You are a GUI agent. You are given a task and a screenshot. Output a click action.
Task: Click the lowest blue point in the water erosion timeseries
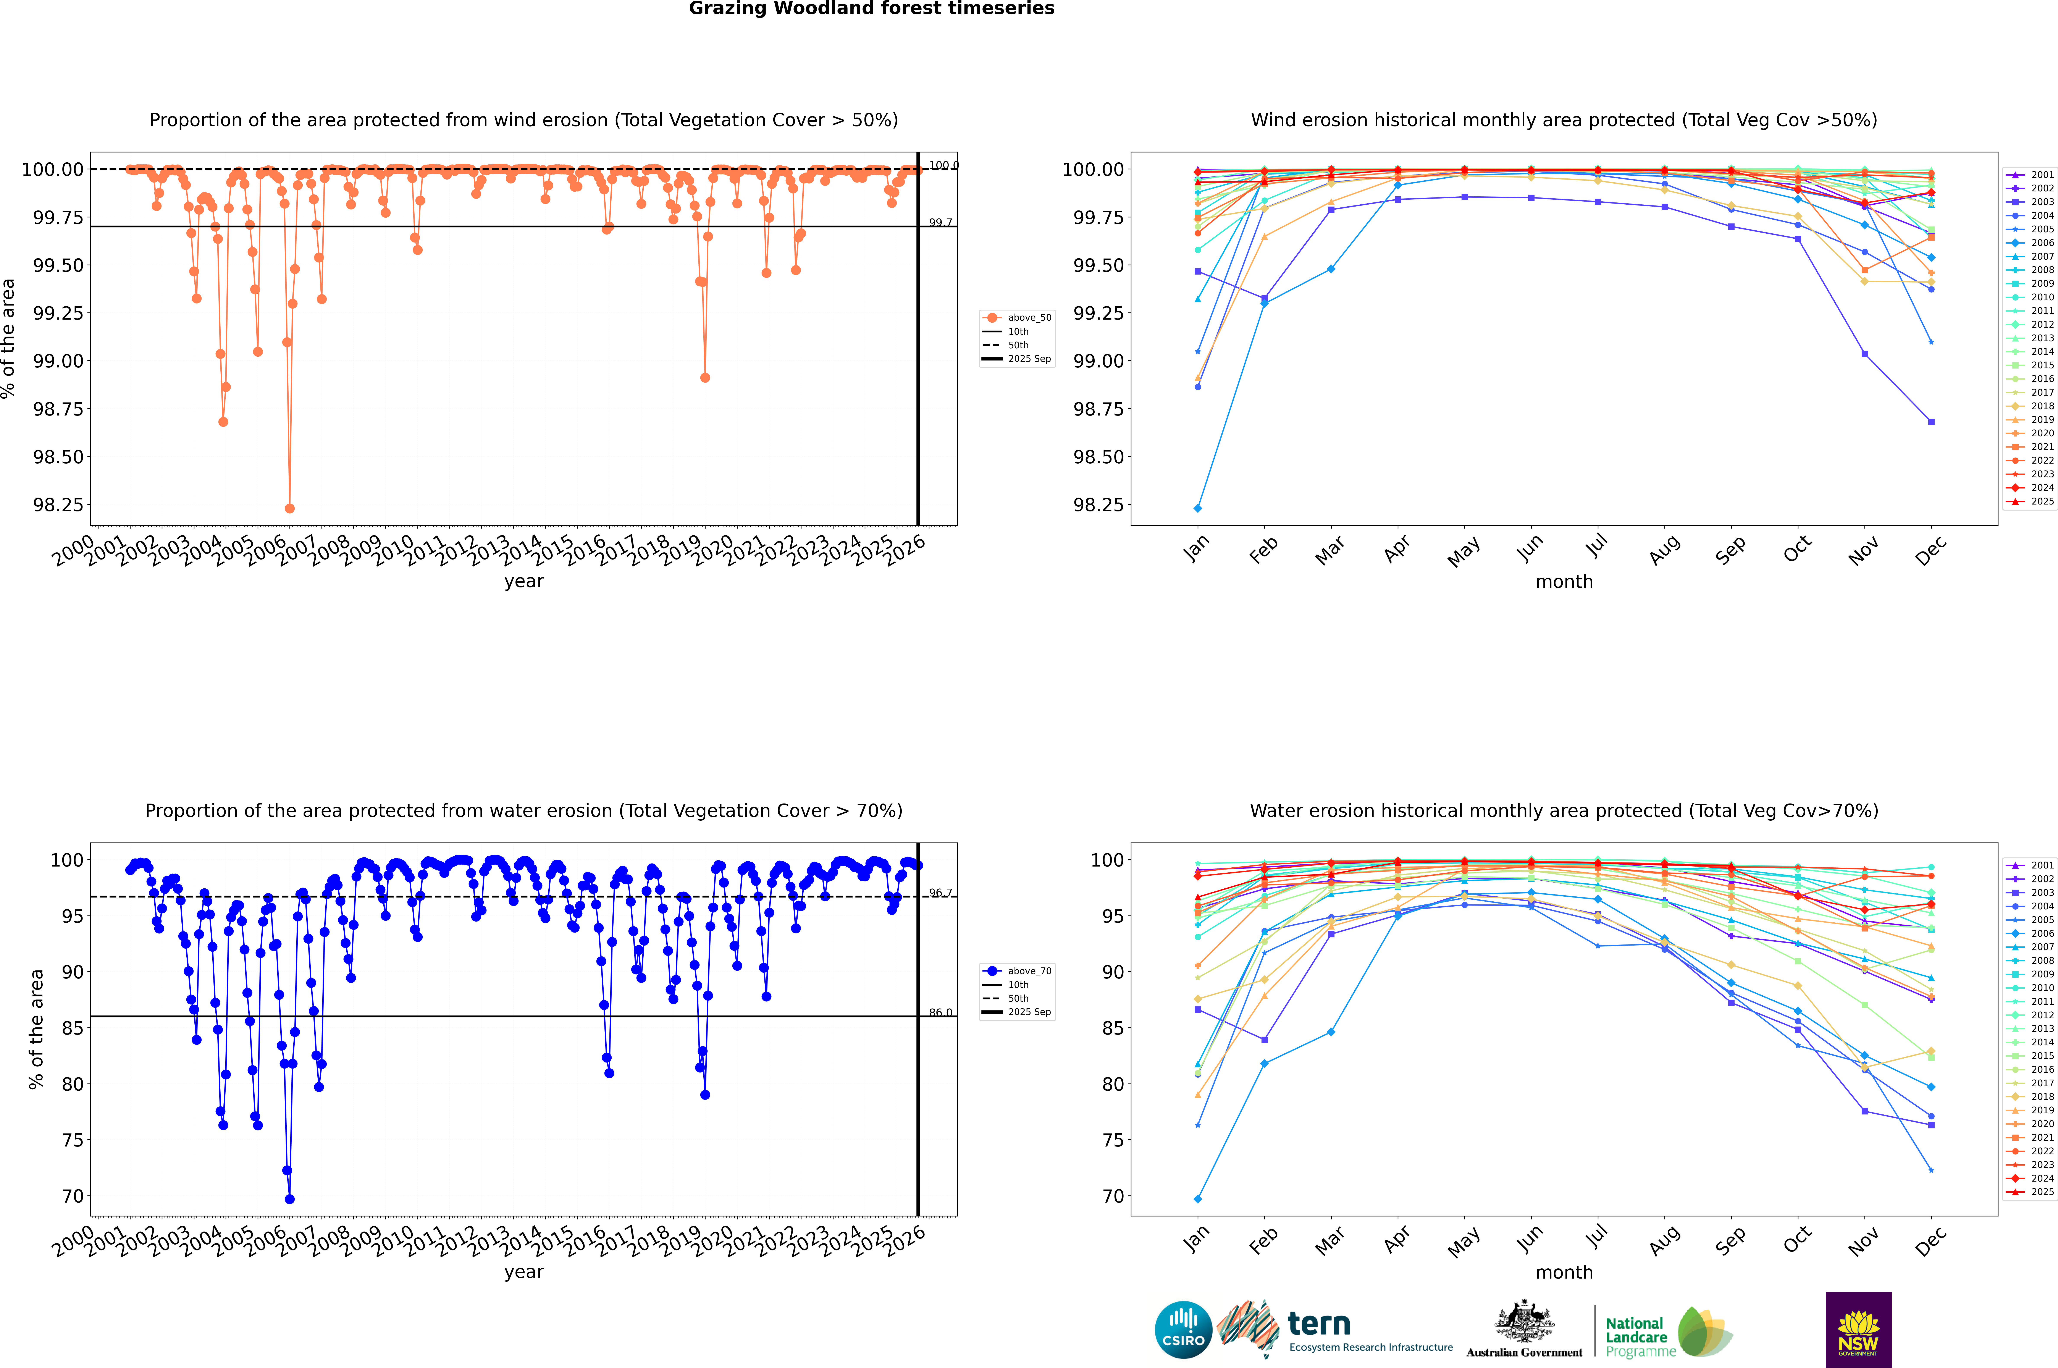pos(290,1199)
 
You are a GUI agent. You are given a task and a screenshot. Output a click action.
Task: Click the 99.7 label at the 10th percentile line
pos(940,222)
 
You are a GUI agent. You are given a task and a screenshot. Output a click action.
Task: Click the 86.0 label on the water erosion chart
pos(940,1013)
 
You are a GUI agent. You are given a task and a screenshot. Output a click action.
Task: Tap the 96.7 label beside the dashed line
pos(940,893)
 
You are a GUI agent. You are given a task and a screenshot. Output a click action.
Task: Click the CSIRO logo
pos(1183,1330)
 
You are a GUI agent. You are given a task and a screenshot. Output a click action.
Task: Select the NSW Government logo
pos(1858,1330)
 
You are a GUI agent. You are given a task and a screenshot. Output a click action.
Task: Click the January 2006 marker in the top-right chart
pos(1198,508)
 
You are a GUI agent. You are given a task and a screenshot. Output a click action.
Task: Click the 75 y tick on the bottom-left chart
pos(72,1140)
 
